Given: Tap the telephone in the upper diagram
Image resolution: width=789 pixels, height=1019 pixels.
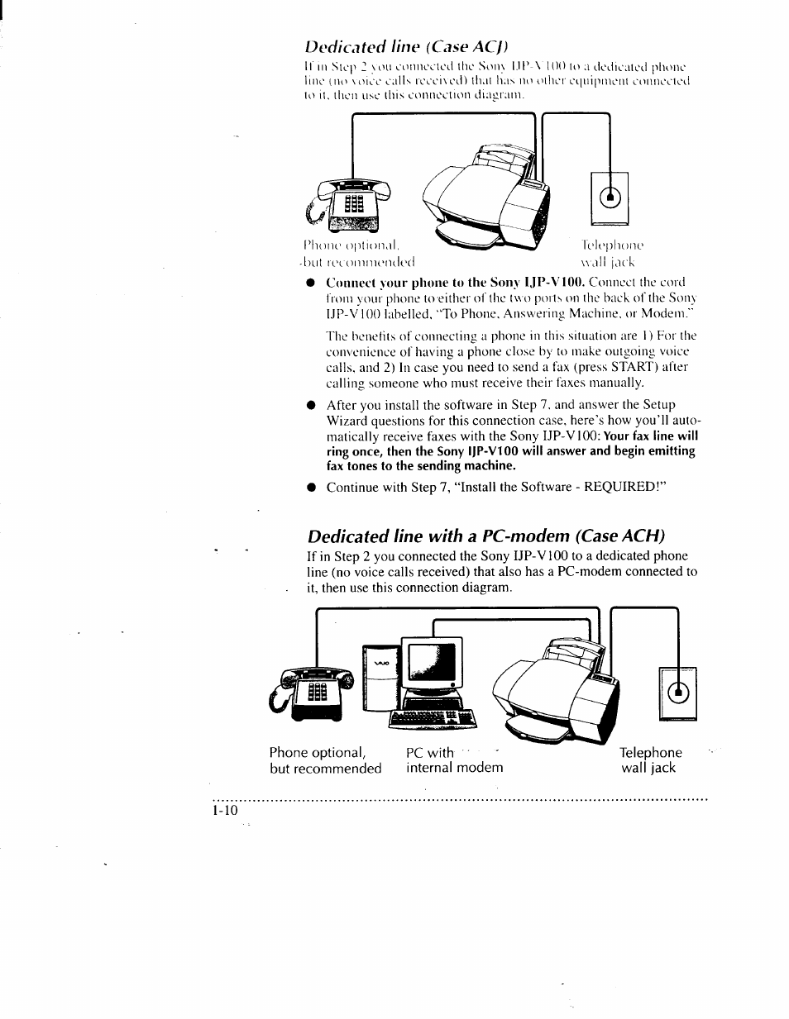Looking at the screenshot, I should pyautogui.click(x=343, y=207).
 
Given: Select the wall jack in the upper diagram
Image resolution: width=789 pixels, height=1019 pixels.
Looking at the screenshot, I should pyautogui.click(x=610, y=198).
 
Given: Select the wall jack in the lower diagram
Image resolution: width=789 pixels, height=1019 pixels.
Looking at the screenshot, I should pyautogui.click(x=678, y=691).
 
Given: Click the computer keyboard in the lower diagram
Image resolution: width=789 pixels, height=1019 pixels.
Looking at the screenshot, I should pyautogui.click(x=434, y=718).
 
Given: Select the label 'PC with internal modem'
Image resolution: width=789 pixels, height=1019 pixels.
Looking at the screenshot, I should pyautogui.click(x=454, y=760).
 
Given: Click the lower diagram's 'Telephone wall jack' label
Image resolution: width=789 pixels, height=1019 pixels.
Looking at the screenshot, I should pyautogui.click(x=651, y=760).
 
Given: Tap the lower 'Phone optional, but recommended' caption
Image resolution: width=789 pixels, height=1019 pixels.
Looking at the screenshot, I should pyautogui.click(x=325, y=760).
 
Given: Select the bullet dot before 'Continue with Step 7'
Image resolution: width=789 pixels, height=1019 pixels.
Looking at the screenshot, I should pyautogui.click(x=311, y=488).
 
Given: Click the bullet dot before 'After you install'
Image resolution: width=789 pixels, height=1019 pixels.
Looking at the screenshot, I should pyautogui.click(x=311, y=406).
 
